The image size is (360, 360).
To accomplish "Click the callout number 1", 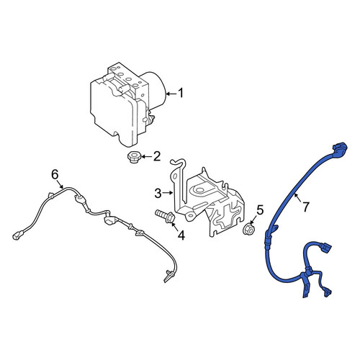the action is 181,93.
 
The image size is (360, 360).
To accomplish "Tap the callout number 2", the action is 156,156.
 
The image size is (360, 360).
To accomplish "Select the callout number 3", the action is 158,194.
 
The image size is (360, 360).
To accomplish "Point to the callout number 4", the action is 181,235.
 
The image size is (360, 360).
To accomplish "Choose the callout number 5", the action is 260,210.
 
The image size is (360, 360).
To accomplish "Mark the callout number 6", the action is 55,174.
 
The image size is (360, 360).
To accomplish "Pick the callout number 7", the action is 305,207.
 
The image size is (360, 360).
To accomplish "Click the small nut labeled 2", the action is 132,157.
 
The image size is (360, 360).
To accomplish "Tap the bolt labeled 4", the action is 166,216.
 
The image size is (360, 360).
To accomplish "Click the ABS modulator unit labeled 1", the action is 128,103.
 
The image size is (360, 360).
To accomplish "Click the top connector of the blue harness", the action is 340,148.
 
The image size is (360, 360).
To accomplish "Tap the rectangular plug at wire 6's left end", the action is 17,235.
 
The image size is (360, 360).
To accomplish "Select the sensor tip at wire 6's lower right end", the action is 168,276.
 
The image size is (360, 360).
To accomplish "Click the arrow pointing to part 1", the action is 171,94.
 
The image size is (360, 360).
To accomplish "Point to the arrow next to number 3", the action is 168,192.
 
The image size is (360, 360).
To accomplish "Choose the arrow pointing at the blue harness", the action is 299,197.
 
